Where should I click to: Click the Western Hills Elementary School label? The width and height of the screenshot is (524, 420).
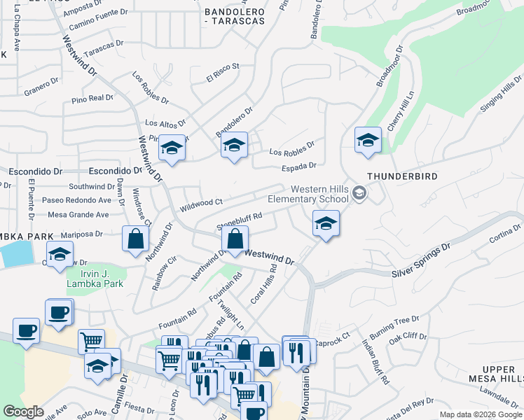point(319,194)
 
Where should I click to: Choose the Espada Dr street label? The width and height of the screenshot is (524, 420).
point(299,166)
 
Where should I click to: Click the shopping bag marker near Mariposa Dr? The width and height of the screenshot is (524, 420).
point(135,239)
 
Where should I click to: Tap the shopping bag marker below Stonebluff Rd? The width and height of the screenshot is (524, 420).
point(235,240)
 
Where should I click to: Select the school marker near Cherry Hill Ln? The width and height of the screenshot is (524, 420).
point(368,140)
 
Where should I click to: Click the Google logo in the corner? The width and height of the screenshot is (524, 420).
point(23,412)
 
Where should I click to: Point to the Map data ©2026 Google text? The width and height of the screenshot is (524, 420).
point(480,414)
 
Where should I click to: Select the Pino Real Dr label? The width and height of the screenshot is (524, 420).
point(92,99)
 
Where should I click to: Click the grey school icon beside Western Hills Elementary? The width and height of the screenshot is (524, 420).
point(359,192)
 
